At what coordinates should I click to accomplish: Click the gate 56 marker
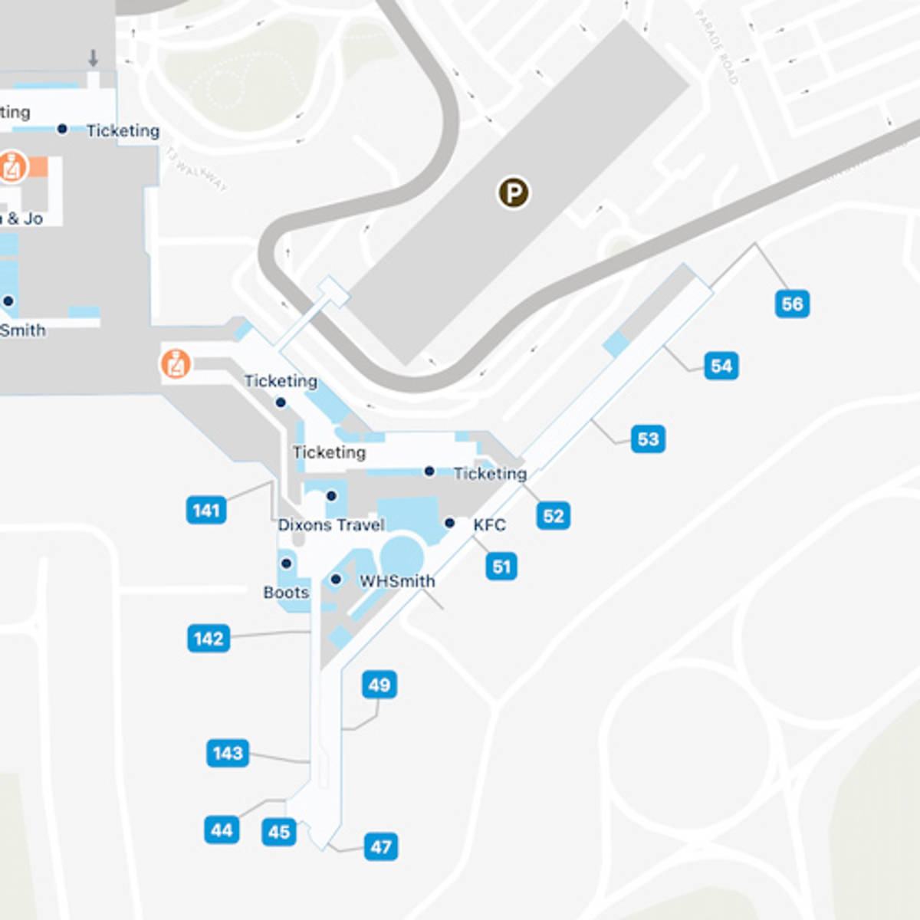click(792, 304)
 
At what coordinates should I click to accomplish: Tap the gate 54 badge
click(721, 366)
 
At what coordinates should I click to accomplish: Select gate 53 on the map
click(648, 439)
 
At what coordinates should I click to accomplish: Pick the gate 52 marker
click(553, 515)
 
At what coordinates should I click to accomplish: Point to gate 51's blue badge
click(501, 567)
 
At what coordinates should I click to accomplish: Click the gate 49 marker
click(379, 685)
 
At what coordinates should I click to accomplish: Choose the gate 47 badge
click(381, 846)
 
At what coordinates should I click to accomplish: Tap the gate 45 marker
click(279, 831)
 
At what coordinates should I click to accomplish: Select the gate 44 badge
click(222, 830)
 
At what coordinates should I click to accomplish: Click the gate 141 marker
click(206, 510)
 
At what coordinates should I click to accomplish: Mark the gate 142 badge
click(209, 638)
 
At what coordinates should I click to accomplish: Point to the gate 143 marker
click(228, 753)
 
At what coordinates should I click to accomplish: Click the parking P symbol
click(514, 192)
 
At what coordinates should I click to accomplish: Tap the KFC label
click(489, 525)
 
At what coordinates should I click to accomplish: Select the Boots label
click(286, 593)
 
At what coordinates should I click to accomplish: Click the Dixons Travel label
click(331, 525)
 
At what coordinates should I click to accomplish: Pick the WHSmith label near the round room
click(397, 581)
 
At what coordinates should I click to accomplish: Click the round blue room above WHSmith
click(402, 554)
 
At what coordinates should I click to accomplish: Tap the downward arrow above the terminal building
click(94, 58)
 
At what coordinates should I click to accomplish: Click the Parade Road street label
click(717, 46)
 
